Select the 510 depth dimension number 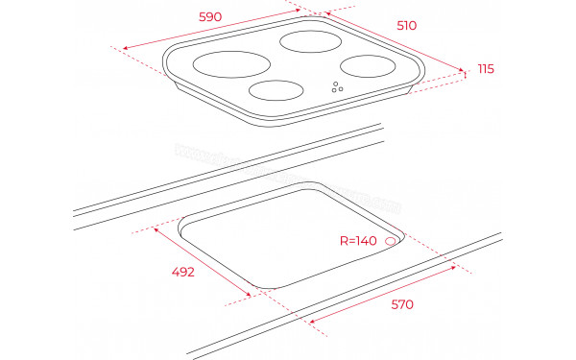tap(407, 26)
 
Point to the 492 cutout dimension tap(183, 272)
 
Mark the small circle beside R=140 tap(392, 241)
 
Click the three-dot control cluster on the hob tap(337, 87)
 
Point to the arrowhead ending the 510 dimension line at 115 tap(459, 69)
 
